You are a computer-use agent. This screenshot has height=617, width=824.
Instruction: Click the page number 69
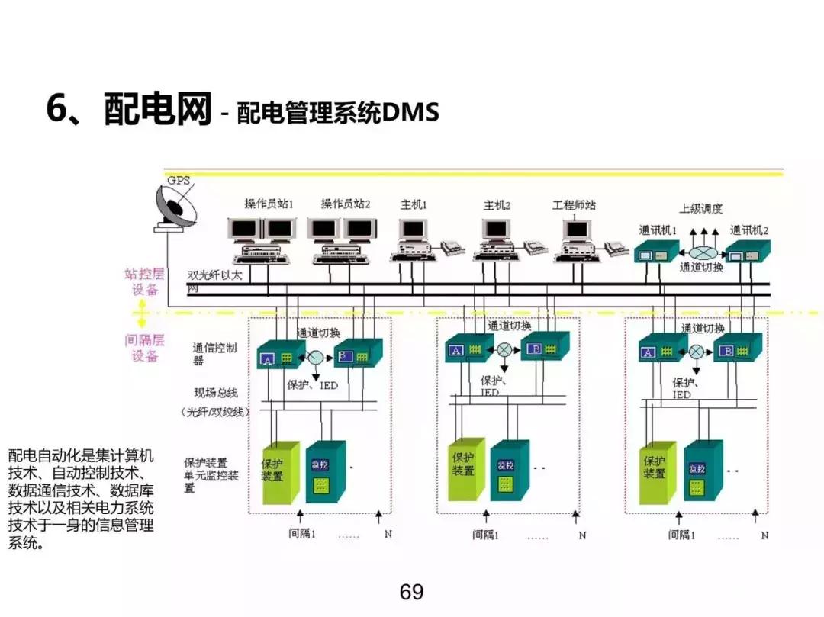click(x=411, y=592)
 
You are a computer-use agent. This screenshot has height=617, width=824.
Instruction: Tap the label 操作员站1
click(x=269, y=204)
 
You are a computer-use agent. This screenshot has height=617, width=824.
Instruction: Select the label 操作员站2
click(x=345, y=204)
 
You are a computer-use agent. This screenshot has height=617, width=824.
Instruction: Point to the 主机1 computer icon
click(x=413, y=237)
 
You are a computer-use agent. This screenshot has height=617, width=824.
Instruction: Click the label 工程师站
click(x=574, y=205)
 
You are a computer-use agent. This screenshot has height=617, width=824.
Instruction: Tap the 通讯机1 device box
click(x=657, y=250)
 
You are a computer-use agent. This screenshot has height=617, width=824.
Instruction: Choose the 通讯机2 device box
click(x=747, y=250)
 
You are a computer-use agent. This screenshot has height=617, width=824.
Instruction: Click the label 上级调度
click(x=700, y=208)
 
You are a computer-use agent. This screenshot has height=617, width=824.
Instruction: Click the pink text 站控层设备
click(x=145, y=281)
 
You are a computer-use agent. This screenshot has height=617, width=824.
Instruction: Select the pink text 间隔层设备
click(x=145, y=347)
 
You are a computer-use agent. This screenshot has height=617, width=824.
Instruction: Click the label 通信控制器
click(x=214, y=354)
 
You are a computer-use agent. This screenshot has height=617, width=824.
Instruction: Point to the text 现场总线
click(x=216, y=393)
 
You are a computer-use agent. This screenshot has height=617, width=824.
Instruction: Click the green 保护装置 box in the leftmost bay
click(x=280, y=472)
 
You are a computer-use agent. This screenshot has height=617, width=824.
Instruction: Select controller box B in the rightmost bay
click(x=738, y=350)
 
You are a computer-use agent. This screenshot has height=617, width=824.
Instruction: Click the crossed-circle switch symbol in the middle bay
click(x=504, y=349)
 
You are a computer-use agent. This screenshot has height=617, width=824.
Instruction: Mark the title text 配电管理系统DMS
click(x=338, y=114)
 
